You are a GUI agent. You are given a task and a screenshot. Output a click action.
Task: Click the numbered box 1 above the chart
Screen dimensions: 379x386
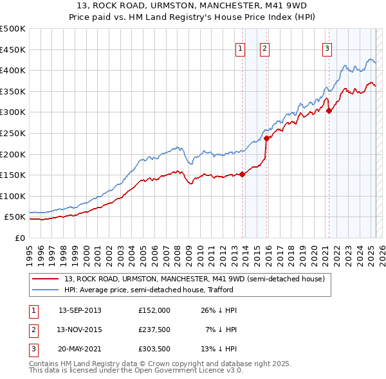point(240,47)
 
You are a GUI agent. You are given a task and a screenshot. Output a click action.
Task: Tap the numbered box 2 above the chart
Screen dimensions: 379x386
point(264,47)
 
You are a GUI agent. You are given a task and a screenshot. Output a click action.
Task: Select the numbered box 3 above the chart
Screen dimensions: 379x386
point(327,47)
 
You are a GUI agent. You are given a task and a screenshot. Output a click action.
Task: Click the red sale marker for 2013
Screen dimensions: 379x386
point(243,174)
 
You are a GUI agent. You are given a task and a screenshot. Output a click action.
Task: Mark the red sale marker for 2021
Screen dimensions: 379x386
point(329,110)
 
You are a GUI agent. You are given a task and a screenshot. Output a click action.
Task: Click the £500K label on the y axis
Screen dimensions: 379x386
point(13,29)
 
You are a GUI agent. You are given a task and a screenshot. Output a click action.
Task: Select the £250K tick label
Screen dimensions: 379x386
point(13,133)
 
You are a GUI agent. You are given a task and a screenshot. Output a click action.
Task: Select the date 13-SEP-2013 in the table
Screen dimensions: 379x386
point(80,310)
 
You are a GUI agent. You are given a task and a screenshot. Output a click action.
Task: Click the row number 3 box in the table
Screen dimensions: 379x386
point(33,350)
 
